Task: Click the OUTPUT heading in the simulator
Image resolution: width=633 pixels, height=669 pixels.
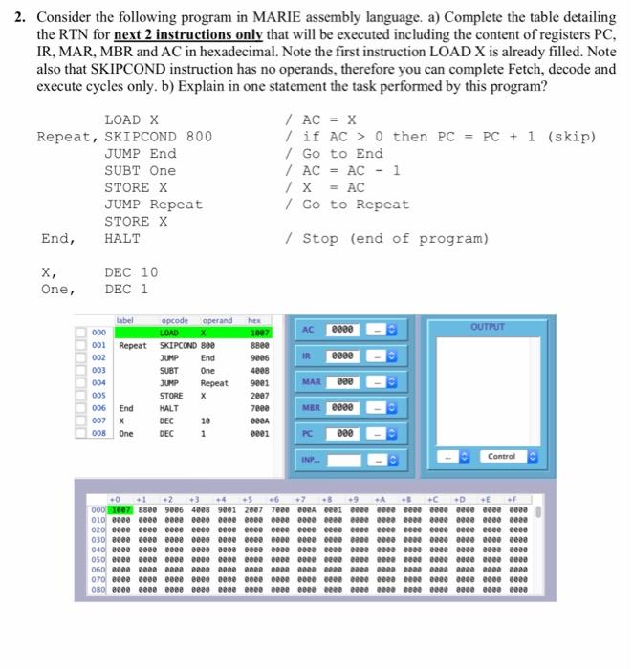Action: coord(487,327)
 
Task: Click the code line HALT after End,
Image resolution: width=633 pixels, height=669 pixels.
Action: coord(122,238)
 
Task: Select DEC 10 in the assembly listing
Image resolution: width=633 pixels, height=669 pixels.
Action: coord(131,272)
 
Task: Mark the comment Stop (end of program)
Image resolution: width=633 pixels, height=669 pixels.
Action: coord(395,238)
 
